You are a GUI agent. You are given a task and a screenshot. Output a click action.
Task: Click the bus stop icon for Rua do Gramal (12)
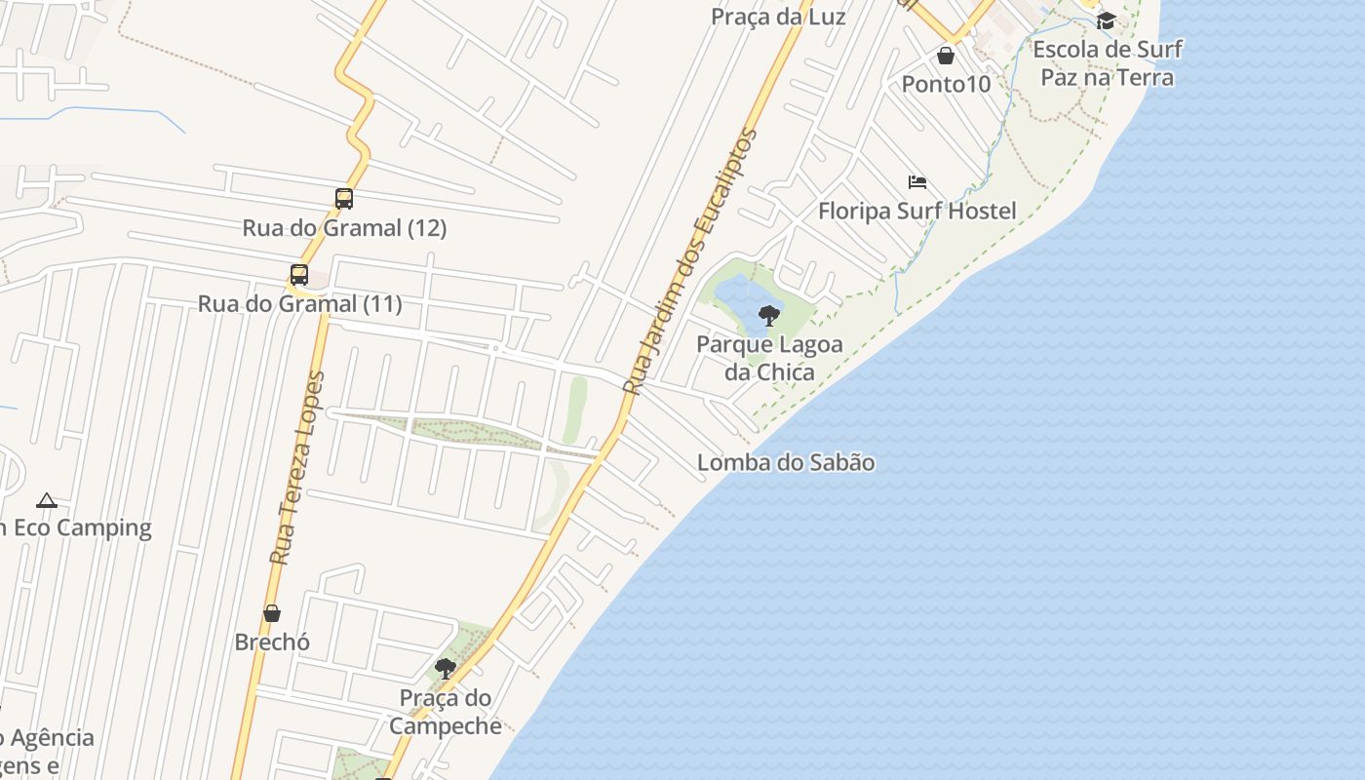(x=344, y=199)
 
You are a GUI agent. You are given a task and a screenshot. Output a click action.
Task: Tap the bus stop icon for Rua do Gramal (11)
(x=299, y=275)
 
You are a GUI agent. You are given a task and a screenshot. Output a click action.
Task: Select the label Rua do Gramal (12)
(x=344, y=228)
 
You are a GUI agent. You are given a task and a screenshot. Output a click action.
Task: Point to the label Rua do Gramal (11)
(x=299, y=304)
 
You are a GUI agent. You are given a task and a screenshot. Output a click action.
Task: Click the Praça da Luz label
(x=778, y=17)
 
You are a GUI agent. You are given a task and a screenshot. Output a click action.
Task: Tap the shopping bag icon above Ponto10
(x=946, y=56)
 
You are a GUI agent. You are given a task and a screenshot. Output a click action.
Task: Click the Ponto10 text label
(x=946, y=84)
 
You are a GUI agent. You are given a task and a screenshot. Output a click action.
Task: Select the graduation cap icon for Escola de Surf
(x=1106, y=20)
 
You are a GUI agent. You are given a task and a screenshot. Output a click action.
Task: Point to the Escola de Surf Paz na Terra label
(x=1108, y=63)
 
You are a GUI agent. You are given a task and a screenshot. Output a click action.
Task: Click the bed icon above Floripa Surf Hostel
(x=917, y=182)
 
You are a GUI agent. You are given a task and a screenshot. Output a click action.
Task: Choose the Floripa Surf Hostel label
(x=916, y=211)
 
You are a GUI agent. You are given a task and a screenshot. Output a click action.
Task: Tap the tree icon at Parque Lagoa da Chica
(x=769, y=315)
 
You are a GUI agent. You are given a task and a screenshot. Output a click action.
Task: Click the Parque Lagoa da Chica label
(x=769, y=358)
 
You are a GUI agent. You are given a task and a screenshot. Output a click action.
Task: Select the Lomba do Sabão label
(x=786, y=462)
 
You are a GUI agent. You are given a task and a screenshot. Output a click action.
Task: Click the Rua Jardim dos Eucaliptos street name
(x=690, y=261)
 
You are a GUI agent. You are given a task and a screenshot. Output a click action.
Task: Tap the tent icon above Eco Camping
(x=46, y=501)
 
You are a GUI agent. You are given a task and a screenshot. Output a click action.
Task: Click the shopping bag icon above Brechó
(x=272, y=613)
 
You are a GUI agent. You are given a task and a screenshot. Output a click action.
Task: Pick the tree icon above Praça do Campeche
(x=446, y=669)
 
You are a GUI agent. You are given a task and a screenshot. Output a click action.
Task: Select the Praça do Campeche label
(x=446, y=712)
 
